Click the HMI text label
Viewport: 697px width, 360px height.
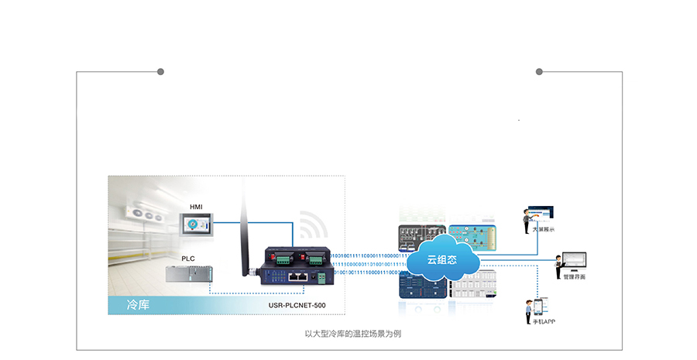click(x=196, y=207)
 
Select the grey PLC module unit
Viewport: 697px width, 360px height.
click(x=187, y=274)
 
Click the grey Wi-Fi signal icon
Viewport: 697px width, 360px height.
click(x=313, y=227)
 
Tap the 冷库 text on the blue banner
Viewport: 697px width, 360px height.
click(x=138, y=305)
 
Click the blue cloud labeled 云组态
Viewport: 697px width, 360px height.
click(x=442, y=259)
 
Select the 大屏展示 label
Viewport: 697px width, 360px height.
click(x=543, y=230)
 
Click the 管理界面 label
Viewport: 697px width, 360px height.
click(x=575, y=276)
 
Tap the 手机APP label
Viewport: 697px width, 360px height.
click(x=543, y=321)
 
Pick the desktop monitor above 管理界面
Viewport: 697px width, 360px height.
click(x=575, y=260)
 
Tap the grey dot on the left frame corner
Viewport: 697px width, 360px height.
click(x=160, y=72)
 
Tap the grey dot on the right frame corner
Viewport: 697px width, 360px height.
click(x=539, y=72)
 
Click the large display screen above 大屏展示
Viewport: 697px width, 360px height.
click(x=542, y=212)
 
